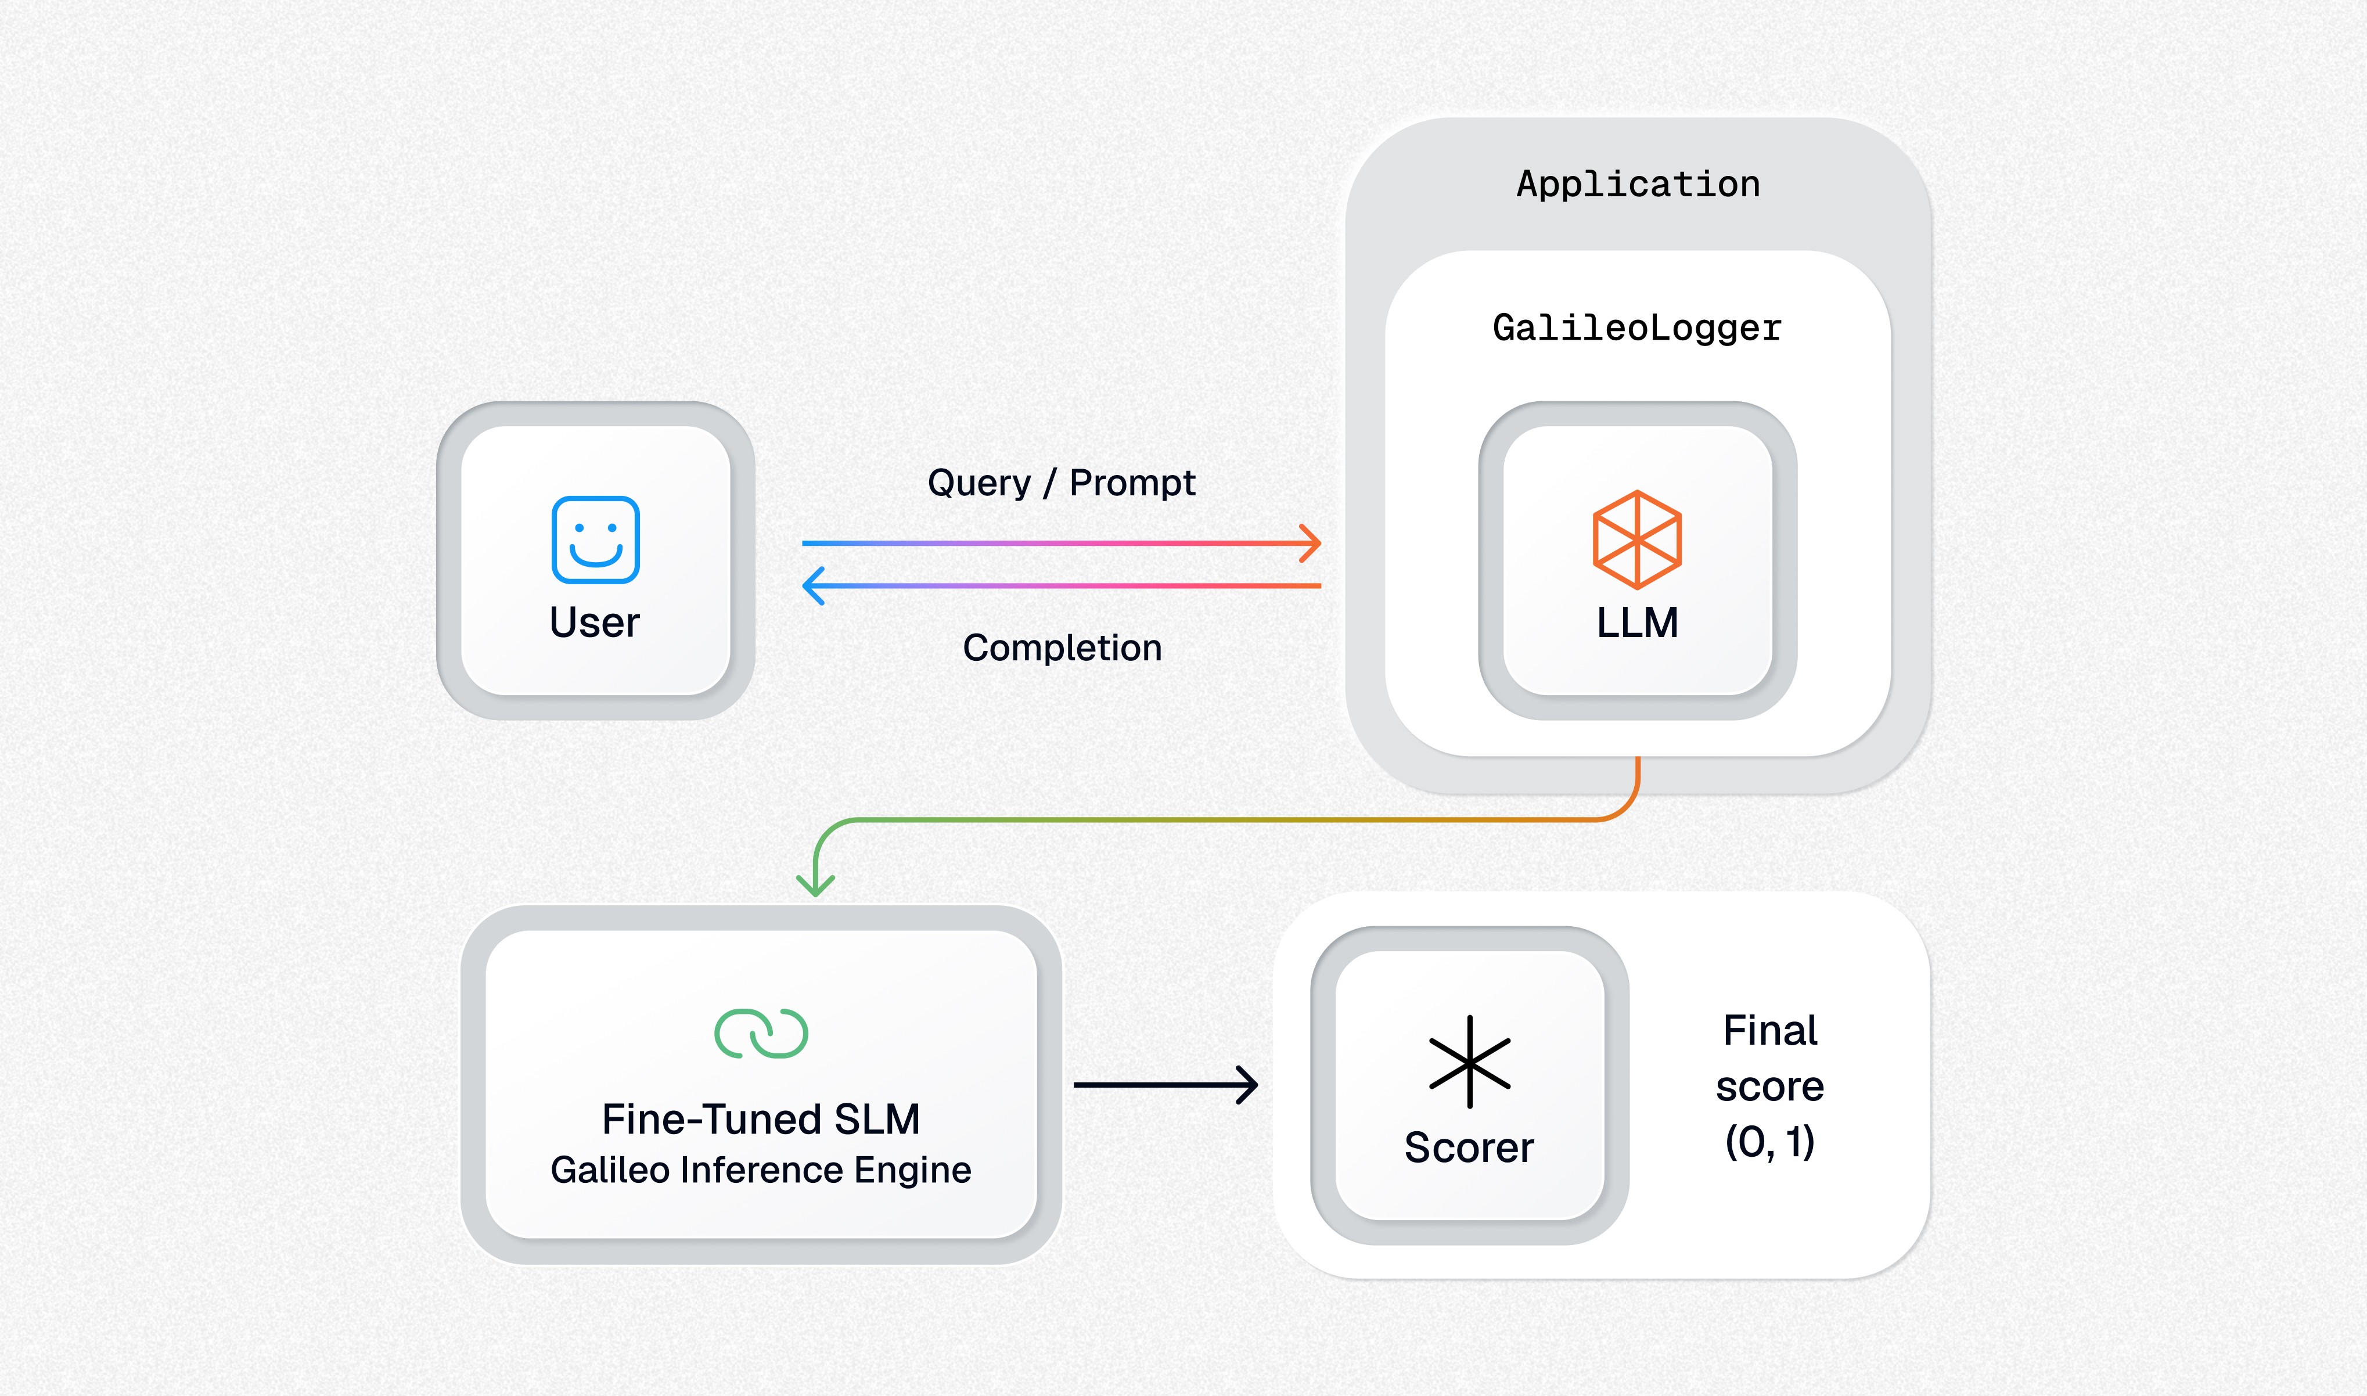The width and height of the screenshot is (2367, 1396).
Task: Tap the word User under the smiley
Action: tap(595, 623)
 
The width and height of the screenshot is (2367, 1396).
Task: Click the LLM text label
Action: tap(1637, 623)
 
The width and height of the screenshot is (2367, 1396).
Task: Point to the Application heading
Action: tap(1638, 185)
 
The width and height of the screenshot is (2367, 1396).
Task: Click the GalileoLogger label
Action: tap(1637, 328)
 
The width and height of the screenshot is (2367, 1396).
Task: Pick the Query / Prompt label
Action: tap(1061, 483)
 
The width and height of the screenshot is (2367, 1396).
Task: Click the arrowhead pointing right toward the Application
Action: tap(1311, 543)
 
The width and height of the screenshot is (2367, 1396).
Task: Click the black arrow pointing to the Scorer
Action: tap(1167, 1085)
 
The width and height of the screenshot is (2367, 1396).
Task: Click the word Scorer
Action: tap(1469, 1147)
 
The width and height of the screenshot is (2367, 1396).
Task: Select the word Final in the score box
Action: tap(1769, 1031)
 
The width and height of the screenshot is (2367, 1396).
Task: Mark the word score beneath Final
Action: tap(1769, 1086)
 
